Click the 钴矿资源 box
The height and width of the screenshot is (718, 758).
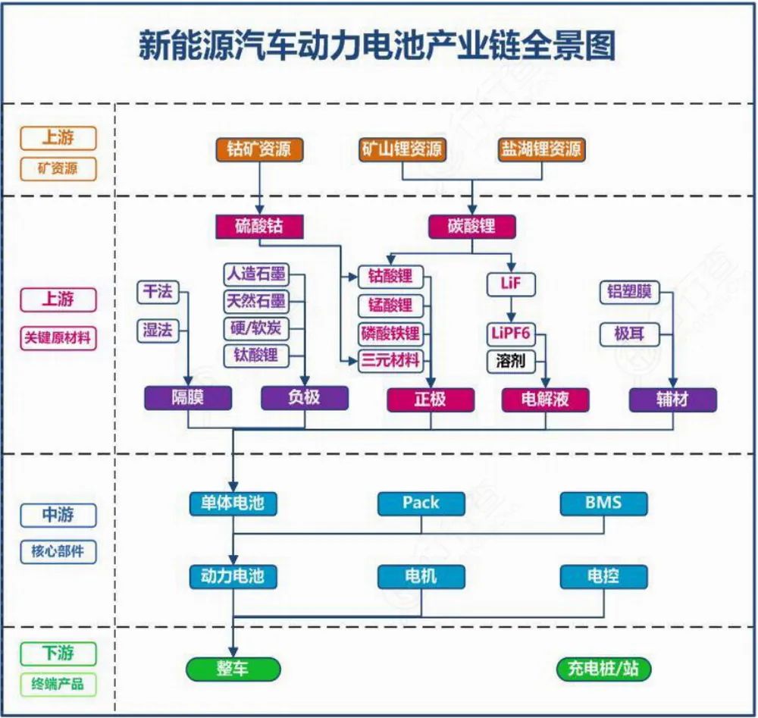click(x=259, y=149)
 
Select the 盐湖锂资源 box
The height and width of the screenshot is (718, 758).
click(x=540, y=149)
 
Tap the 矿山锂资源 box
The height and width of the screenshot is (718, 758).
click(x=401, y=149)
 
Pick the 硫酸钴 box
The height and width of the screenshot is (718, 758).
click(x=259, y=226)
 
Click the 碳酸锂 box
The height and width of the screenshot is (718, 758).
click(x=471, y=226)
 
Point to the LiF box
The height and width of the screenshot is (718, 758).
click(x=512, y=284)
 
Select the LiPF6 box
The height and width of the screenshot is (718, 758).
click(x=512, y=334)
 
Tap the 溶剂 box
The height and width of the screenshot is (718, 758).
click(x=512, y=360)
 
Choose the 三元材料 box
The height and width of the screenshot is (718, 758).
click(x=390, y=360)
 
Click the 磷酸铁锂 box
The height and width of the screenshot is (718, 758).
click(x=390, y=333)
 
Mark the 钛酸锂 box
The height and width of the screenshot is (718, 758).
click(x=255, y=354)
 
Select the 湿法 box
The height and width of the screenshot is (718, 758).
click(x=158, y=330)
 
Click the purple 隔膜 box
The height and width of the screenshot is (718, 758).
click(x=188, y=398)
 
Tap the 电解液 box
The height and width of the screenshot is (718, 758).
click(x=545, y=400)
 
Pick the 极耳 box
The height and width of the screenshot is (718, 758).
click(x=629, y=333)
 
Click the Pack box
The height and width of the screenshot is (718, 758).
click(x=421, y=502)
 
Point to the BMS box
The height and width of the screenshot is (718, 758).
click(x=603, y=502)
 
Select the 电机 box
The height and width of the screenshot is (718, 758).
click(x=421, y=576)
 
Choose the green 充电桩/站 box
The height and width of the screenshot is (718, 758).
click(x=603, y=669)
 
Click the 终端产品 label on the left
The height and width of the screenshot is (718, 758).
click(x=58, y=685)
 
